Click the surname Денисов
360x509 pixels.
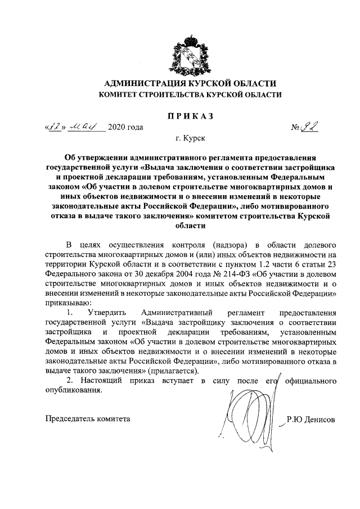[x=321, y=420]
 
